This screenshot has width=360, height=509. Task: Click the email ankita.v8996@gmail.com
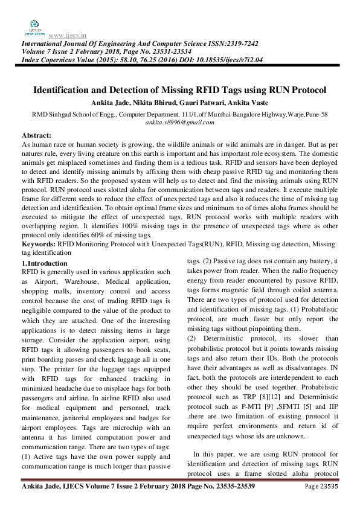click(x=179, y=122)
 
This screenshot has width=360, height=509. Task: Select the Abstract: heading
click(x=36, y=136)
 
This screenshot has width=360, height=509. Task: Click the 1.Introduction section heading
click(x=45, y=263)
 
